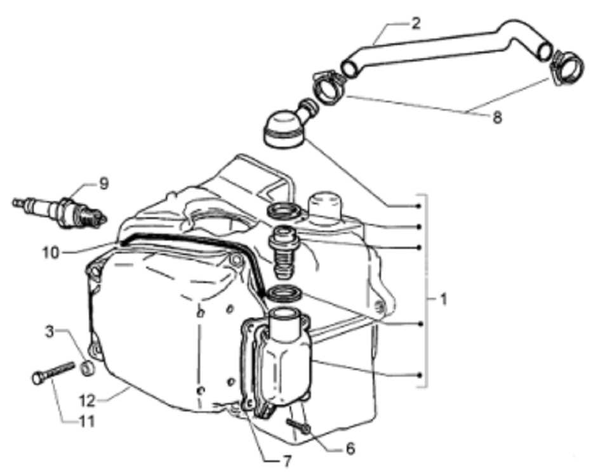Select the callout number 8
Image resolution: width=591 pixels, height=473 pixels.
point(497,118)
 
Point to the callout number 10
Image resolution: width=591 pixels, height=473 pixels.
point(51,253)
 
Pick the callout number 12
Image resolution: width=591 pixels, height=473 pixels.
point(88,401)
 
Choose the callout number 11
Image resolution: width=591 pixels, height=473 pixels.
point(85,420)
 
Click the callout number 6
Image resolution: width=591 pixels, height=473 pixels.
point(350,448)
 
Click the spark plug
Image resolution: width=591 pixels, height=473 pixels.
point(60,212)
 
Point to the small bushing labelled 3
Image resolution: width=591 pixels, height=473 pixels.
point(88,368)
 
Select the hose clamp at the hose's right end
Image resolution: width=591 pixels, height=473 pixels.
point(568,67)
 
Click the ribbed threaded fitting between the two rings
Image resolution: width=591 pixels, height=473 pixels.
point(282,252)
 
